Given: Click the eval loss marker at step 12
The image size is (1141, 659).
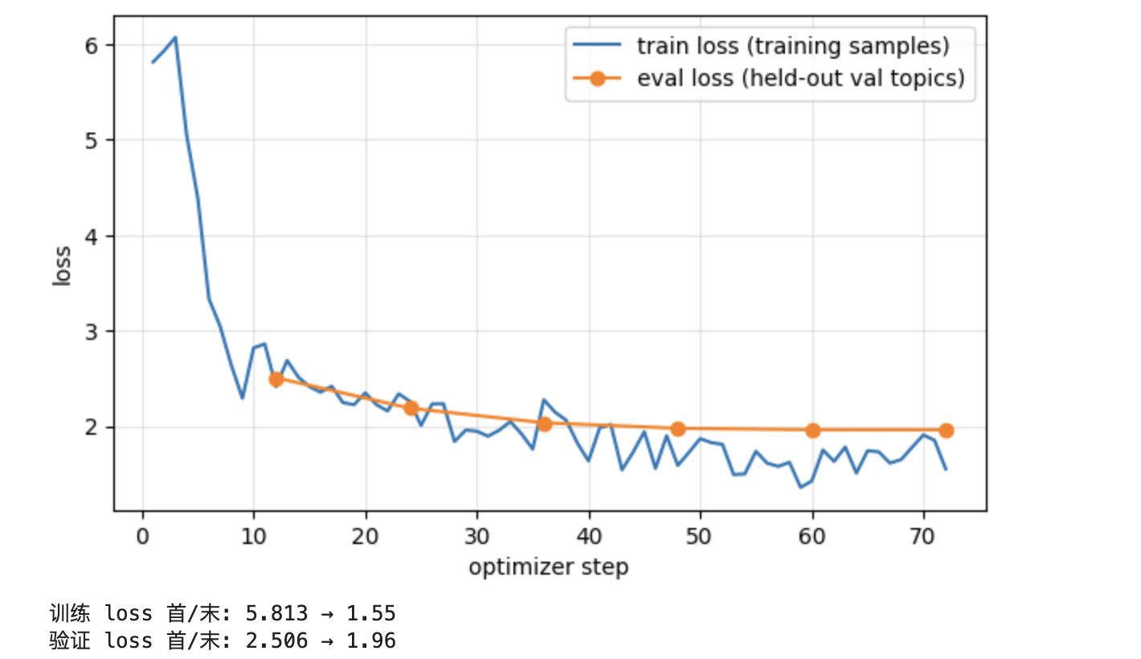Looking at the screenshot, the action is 276,379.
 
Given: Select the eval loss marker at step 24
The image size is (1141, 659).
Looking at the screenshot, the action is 411,408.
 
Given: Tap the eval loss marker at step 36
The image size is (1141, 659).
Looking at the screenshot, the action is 545,424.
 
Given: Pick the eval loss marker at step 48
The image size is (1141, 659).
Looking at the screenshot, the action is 678,429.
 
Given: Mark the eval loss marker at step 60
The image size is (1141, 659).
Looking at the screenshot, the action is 813,430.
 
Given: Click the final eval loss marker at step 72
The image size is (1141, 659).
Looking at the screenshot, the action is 947,430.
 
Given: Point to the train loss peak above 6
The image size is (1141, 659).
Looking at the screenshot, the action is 175,37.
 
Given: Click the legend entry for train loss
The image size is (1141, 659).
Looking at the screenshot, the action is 793,46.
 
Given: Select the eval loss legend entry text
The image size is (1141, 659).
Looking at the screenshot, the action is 801,78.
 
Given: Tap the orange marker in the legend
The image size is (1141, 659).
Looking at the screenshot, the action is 597,79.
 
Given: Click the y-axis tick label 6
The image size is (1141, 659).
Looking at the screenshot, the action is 91,46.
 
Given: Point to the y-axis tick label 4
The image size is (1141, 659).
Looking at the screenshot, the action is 91,237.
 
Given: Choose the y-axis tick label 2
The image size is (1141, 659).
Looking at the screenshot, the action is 91,428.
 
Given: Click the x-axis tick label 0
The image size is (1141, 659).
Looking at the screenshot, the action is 143,536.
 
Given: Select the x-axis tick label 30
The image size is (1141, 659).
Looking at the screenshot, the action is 476,536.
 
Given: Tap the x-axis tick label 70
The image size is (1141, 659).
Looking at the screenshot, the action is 922,536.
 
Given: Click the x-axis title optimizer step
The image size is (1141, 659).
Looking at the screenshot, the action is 549,567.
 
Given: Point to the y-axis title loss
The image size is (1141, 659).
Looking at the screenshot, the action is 62,266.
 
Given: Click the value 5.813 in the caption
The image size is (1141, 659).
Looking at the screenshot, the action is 276,613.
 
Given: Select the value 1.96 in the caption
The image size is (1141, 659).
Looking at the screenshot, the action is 371,641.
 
